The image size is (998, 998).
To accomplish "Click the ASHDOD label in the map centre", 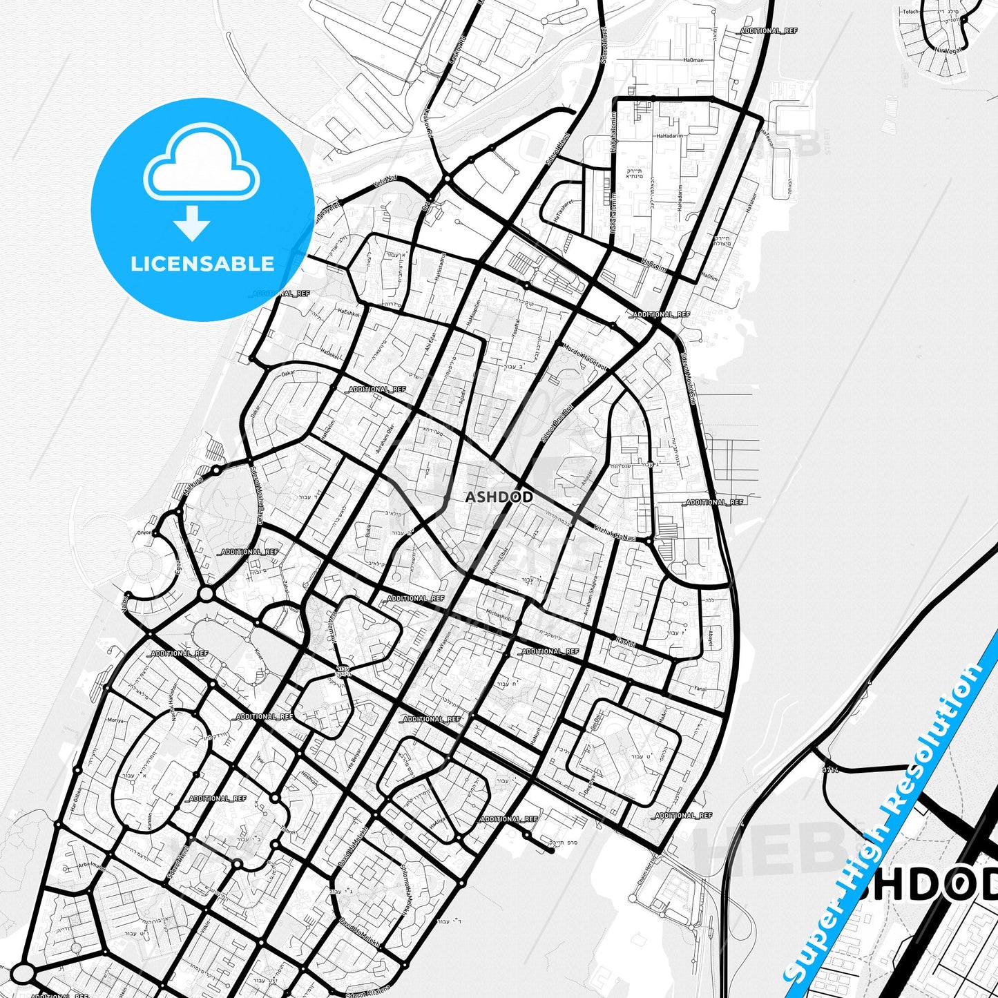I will (499, 497).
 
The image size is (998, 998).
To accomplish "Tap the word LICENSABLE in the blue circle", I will (202, 264).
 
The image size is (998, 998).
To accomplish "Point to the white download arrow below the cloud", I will (192, 222).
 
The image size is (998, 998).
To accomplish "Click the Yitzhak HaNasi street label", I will (614, 532).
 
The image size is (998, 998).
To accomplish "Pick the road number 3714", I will (830, 769).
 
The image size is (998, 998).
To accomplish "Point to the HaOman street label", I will (693, 60).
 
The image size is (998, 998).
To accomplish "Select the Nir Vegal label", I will (947, 50).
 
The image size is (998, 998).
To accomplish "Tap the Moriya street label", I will (115, 720).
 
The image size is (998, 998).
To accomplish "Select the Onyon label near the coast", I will (144, 532).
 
